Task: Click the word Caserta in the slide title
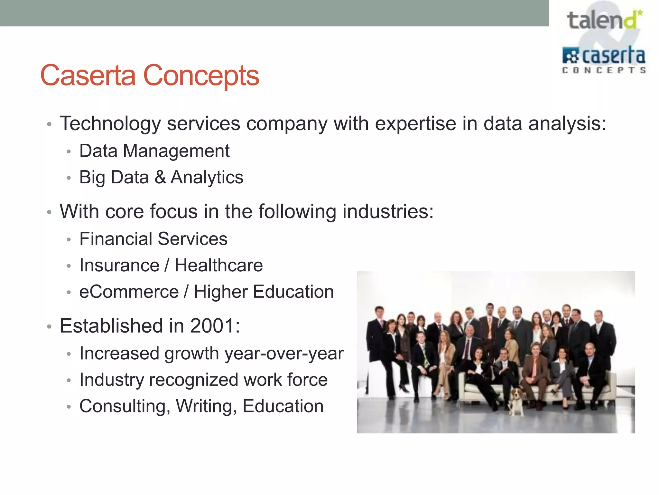pos(88,75)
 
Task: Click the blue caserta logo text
pos(613,56)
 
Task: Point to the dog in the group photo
pos(516,401)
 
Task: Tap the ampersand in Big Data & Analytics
pos(160,177)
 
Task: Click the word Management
pos(176,151)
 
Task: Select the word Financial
pos(116,239)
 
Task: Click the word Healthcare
pos(218,266)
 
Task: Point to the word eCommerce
pos(129,292)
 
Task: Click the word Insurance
pos(119,266)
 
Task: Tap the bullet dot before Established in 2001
pos(49,327)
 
